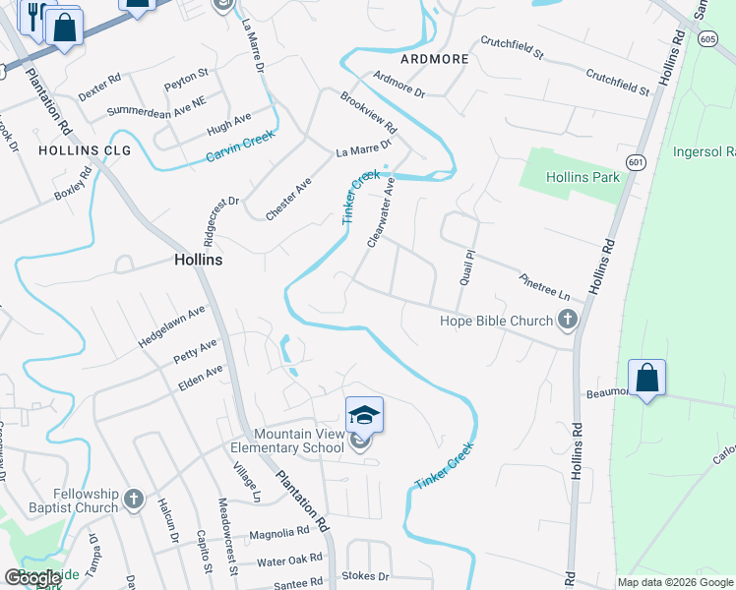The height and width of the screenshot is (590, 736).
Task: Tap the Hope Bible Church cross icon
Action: [567, 320]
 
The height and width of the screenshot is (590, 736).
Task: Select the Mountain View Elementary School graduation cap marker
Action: [363, 417]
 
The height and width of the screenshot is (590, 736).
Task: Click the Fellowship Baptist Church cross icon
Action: [134, 501]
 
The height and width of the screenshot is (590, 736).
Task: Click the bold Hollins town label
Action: [198, 261]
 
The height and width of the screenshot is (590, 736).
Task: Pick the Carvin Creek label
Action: [240, 148]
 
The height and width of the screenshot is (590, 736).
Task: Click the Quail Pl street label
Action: [466, 265]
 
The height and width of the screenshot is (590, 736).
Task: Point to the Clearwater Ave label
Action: [381, 211]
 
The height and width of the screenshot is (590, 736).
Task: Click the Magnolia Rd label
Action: [279, 533]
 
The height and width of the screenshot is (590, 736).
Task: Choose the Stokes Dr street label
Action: [365, 575]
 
